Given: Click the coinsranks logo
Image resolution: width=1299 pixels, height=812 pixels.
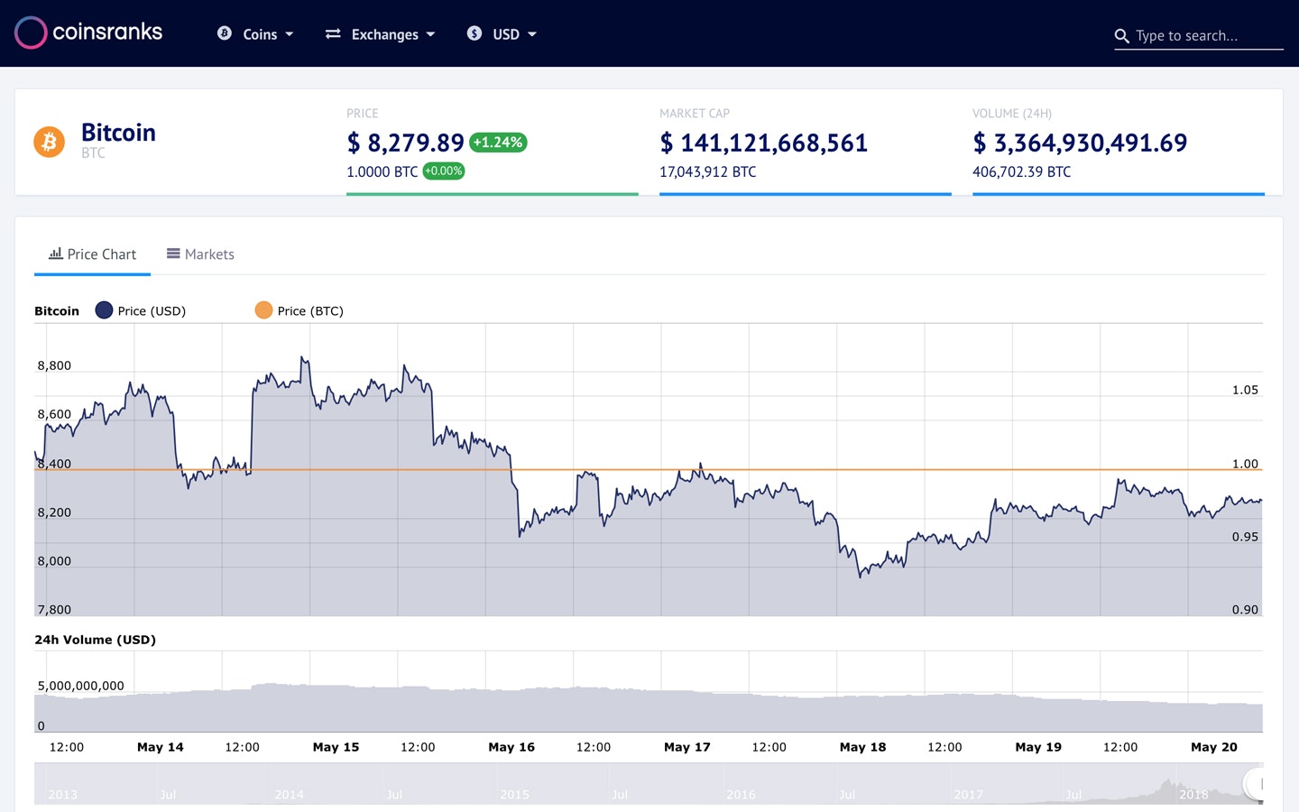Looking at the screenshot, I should click(88, 32).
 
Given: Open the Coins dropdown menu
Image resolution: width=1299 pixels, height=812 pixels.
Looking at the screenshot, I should click(256, 34).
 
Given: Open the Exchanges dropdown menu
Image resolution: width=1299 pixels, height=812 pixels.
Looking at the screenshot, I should click(381, 34).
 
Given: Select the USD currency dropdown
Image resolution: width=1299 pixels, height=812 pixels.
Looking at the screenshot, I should click(502, 34).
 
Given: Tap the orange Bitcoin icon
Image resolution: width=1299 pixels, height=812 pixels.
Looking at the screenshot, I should click(50, 142).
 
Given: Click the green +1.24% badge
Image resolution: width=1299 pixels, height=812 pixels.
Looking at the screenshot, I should click(498, 143).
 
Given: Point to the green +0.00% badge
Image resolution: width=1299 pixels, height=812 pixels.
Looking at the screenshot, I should click(444, 171).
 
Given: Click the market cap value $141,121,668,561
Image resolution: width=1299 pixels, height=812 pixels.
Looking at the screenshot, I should click(764, 143).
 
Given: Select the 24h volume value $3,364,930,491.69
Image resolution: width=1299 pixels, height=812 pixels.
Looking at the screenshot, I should click(1080, 143).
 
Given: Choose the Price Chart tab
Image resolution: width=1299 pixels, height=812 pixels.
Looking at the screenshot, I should click(93, 254).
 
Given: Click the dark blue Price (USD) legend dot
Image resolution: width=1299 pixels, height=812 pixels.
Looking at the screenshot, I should click(104, 310).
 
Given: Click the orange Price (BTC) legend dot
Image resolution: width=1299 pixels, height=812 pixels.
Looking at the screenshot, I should click(263, 310).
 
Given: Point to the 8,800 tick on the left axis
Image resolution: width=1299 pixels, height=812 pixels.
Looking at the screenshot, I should click(54, 365).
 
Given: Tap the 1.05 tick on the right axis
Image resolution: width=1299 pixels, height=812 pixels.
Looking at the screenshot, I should click(1245, 390).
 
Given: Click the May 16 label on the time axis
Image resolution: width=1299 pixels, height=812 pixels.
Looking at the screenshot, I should click(511, 747).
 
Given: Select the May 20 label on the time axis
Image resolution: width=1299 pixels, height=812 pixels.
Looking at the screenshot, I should click(1214, 747).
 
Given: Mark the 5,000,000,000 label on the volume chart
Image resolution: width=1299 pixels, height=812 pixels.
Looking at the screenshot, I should click(81, 686).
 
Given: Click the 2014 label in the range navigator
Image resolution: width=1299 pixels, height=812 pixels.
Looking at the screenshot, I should click(289, 795).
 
